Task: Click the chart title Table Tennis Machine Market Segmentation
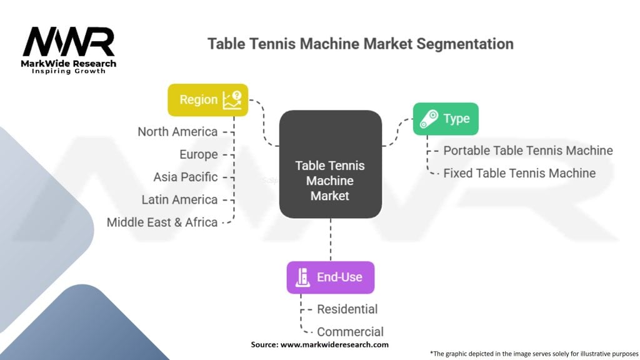tap(360, 44)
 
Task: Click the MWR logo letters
tap(69, 42)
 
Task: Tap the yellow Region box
tap(207, 100)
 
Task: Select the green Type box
tap(446, 119)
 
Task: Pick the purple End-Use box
tap(330, 277)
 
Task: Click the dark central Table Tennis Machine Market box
tap(330, 164)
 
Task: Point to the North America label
tap(177, 132)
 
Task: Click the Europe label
tap(199, 154)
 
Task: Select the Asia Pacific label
tap(186, 177)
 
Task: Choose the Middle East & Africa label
tap(162, 222)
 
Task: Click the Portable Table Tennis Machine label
tap(527, 151)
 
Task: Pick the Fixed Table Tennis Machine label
tap(519, 173)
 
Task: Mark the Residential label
tap(347, 309)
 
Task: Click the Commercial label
tap(350, 332)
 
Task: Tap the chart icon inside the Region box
tap(232, 100)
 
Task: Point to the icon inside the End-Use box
tap(302, 277)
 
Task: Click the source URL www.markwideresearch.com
tap(334, 344)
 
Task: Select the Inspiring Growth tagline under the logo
tap(69, 71)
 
